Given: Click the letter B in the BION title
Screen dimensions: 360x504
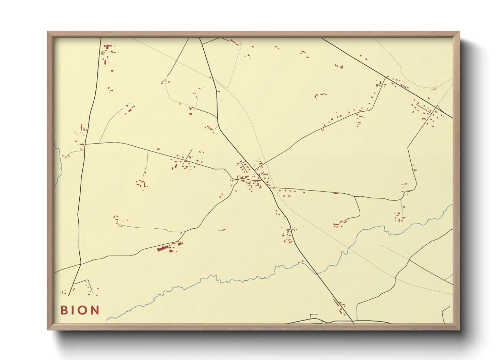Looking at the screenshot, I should (64, 310).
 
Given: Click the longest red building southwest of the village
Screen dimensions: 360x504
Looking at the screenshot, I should (163, 248).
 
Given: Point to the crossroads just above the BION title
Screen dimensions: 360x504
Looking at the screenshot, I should (80, 264).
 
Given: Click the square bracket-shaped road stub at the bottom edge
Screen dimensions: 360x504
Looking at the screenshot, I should (314, 316).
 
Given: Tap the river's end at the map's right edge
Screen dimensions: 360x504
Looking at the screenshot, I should (452, 205).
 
